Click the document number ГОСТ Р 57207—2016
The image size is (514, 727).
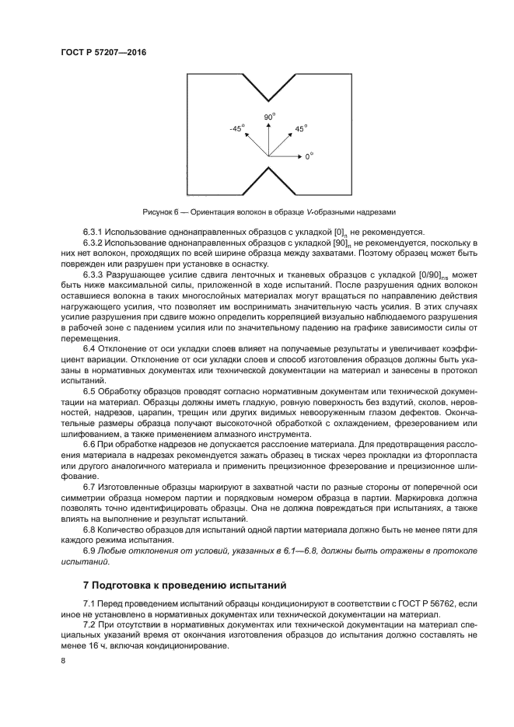103,53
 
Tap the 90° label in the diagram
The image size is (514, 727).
269,117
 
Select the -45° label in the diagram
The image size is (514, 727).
236,128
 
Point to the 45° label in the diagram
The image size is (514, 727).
300,128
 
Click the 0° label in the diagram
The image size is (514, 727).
309,156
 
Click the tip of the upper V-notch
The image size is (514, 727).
269,100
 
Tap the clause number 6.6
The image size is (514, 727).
89,442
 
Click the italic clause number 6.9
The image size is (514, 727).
89,550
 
